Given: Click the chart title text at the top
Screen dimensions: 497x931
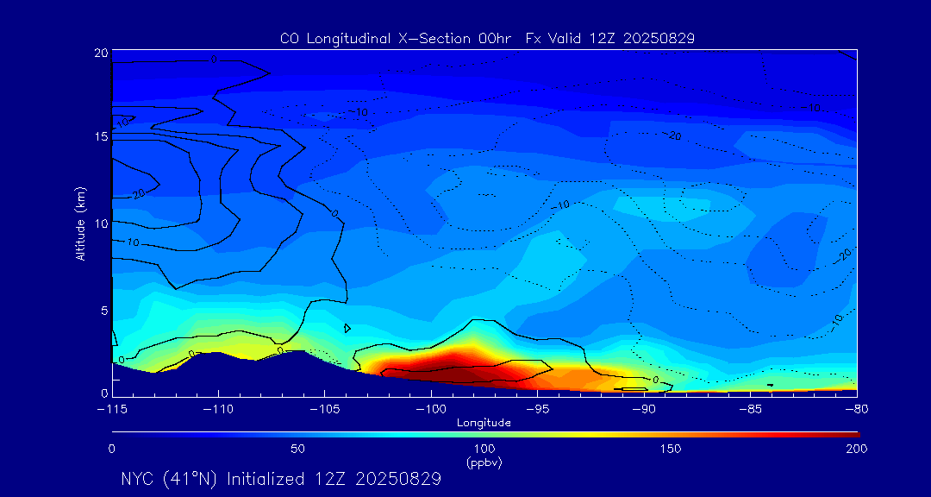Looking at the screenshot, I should pyautogui.click(x=487, y=38).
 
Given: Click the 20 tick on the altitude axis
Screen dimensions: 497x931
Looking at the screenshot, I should pyautogui.click(x=101, y=53).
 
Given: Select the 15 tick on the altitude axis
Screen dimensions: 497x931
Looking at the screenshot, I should pyautogui.click(x=101, y=137).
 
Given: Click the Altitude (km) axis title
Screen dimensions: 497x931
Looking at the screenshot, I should pyautogui.click(x=80, y=223).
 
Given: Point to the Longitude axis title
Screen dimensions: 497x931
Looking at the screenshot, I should pyautogui.click(x=484, y=422).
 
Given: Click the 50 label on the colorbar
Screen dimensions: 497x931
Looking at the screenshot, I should pyautogui.click(x=297, y=449).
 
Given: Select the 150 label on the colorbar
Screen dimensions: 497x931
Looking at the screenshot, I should pyautogui.click(x=671, y=449).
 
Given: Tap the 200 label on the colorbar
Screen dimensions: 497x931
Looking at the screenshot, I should pyautogui.click(x=856, y=449).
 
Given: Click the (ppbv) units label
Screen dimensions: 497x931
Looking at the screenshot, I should pyautogui.click(x=484, y=462).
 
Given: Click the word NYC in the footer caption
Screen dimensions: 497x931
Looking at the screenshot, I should pyautogui.click(x=139, y=479).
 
